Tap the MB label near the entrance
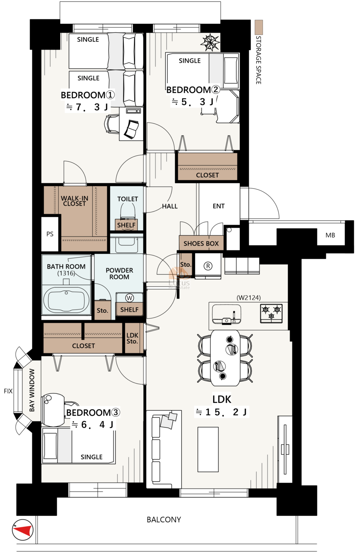pyautogui.click(x=330, y=235)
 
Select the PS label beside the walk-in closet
pyautogui.click(x=50, y=234)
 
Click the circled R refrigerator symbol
pyautogui.click(x=208, y=266)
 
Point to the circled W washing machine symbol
pyautogui.click(x=129, y=298)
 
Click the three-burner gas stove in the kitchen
pyautogui.click(x=271, y=314)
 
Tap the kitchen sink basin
pyautogui.click(x=227, y=314)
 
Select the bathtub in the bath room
pyautogui.click(x=66, y=301)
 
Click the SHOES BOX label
pyautogui.click(x=201, y=244)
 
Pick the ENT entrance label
pyautogui.click(x=219, y=206)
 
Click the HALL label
pyautogui.click(x=170, y=206)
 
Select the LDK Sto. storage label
pyautogui.click(x=132, y=338)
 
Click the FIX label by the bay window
pyautogui.click(x=8, y=391)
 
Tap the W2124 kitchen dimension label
pyautogui.click(x=249, y=298)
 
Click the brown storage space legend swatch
pyautogui.click(x=259, y=27)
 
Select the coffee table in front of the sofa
pyautogui.click(x=208, y=449)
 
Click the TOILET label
pyautogui.click(x=127, y=199)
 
